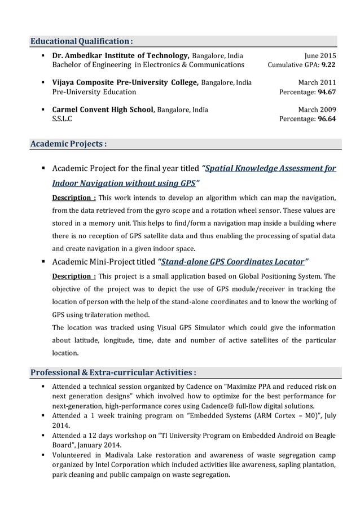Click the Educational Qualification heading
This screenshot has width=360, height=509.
(x=81, y=41)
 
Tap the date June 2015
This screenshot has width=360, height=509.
(x=320, y=56)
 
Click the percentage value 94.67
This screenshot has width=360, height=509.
(x=327, y=92)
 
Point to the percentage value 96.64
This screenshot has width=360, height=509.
(x=327, y=119)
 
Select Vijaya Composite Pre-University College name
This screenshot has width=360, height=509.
(x=125, y=82)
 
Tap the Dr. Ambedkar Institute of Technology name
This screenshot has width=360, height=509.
(x=120, y=56)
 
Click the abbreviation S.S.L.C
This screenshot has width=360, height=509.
(x=62, y=119)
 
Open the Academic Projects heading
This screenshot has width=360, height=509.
(x=68, y=144)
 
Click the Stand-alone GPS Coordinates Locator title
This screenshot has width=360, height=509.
(x=234, y=261)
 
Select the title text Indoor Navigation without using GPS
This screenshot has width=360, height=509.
(x=124, y=183)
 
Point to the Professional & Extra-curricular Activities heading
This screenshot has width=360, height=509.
(x=113, y=372)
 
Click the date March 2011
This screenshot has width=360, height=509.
(x=317, y=82)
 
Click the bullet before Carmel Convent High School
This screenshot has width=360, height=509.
(x=43, y=109)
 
